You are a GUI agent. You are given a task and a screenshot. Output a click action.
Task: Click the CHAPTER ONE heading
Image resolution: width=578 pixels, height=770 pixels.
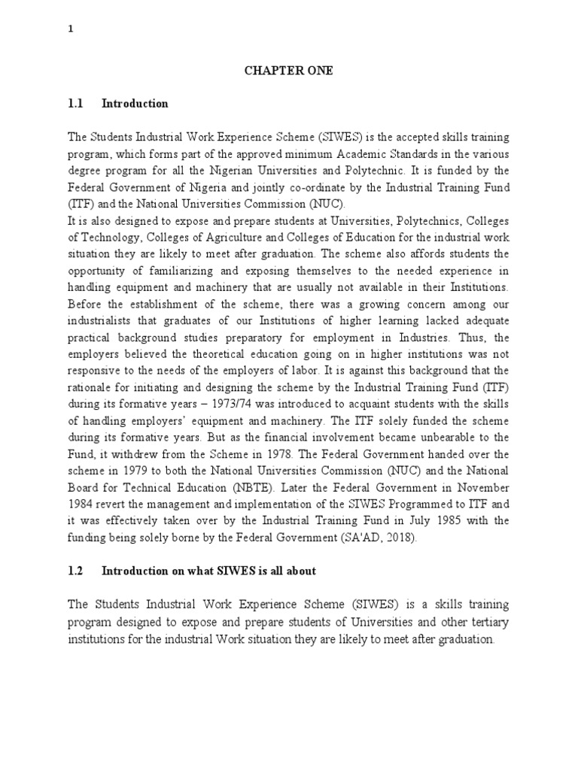[x=288, y=71]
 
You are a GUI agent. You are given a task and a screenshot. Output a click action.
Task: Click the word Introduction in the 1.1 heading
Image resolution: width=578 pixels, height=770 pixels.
[x=135, y=104]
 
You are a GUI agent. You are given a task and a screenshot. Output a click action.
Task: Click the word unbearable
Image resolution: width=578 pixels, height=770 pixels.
[x=436, y=438]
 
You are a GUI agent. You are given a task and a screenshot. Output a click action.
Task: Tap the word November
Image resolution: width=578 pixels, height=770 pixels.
[x=482, y=487]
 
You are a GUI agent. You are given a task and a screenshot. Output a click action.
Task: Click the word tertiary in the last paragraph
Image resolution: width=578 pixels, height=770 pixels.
[x=488, y=621]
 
